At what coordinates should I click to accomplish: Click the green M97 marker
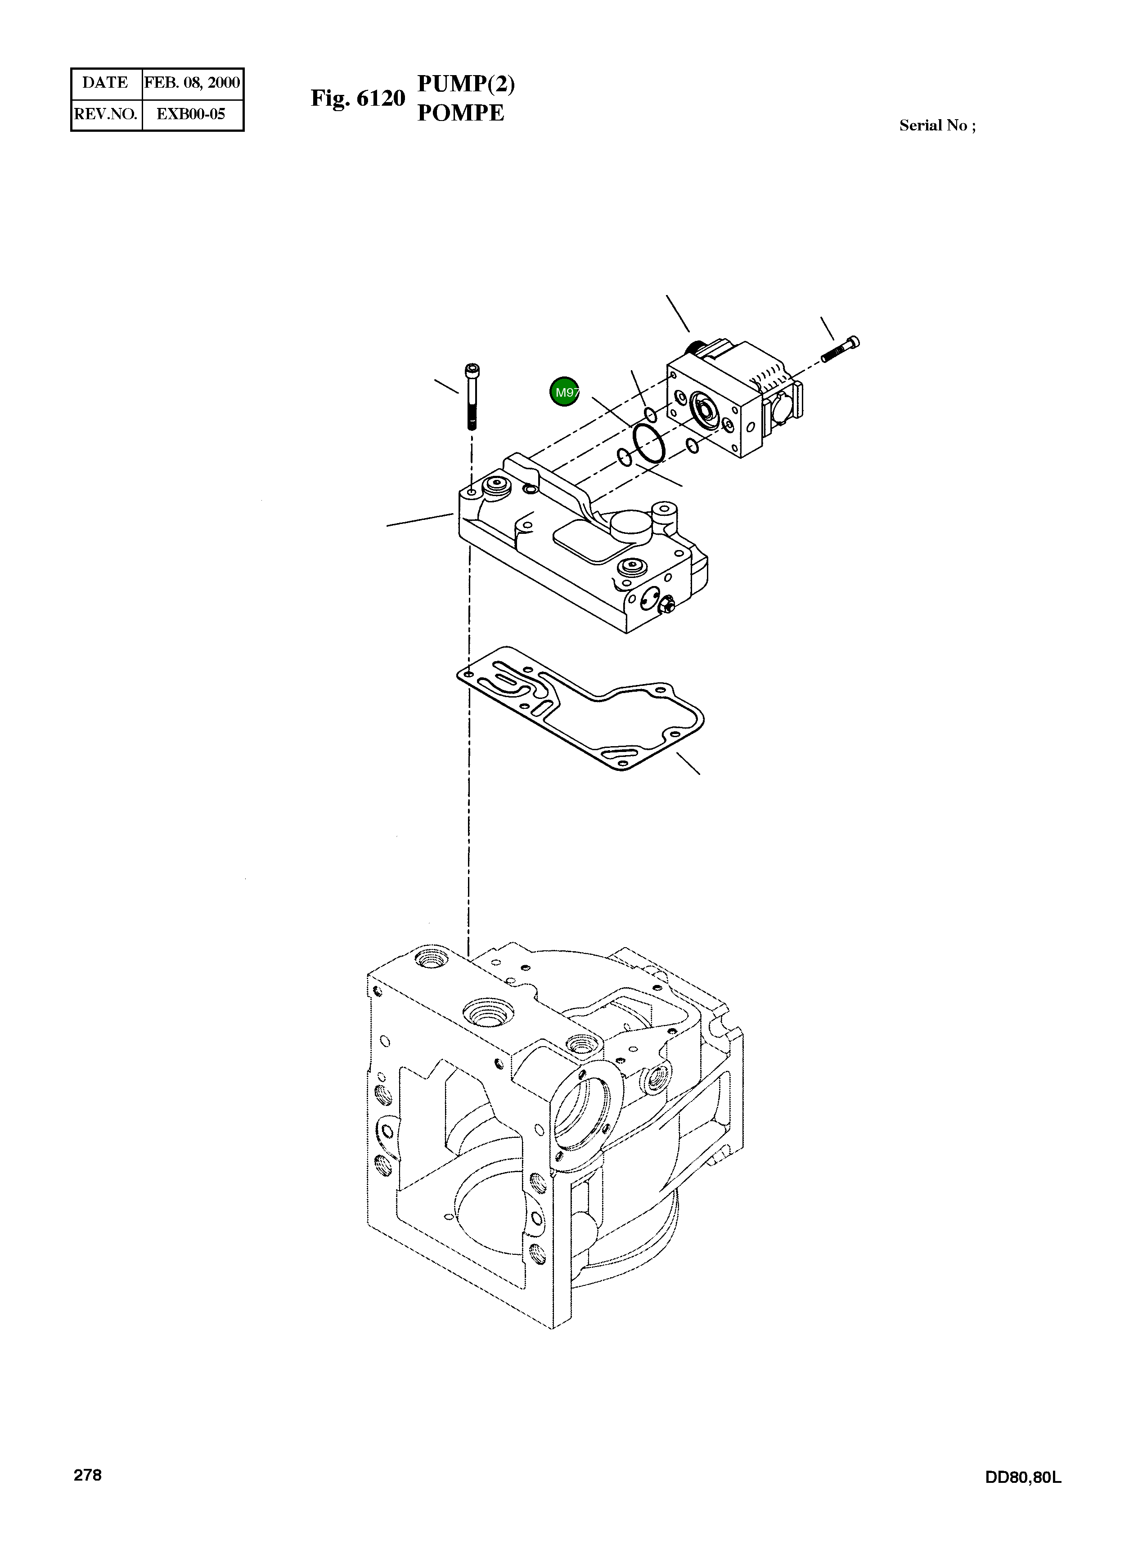(564, 392)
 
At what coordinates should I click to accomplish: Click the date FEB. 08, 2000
(192, 83)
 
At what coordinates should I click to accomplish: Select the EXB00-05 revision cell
(191, 114)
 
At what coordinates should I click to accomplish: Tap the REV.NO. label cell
(105, 114)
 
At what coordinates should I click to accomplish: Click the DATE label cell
(105, 83)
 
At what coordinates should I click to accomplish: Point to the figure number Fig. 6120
(358, 98)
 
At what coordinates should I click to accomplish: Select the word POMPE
(460, 113)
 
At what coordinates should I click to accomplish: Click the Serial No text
(936, 125)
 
